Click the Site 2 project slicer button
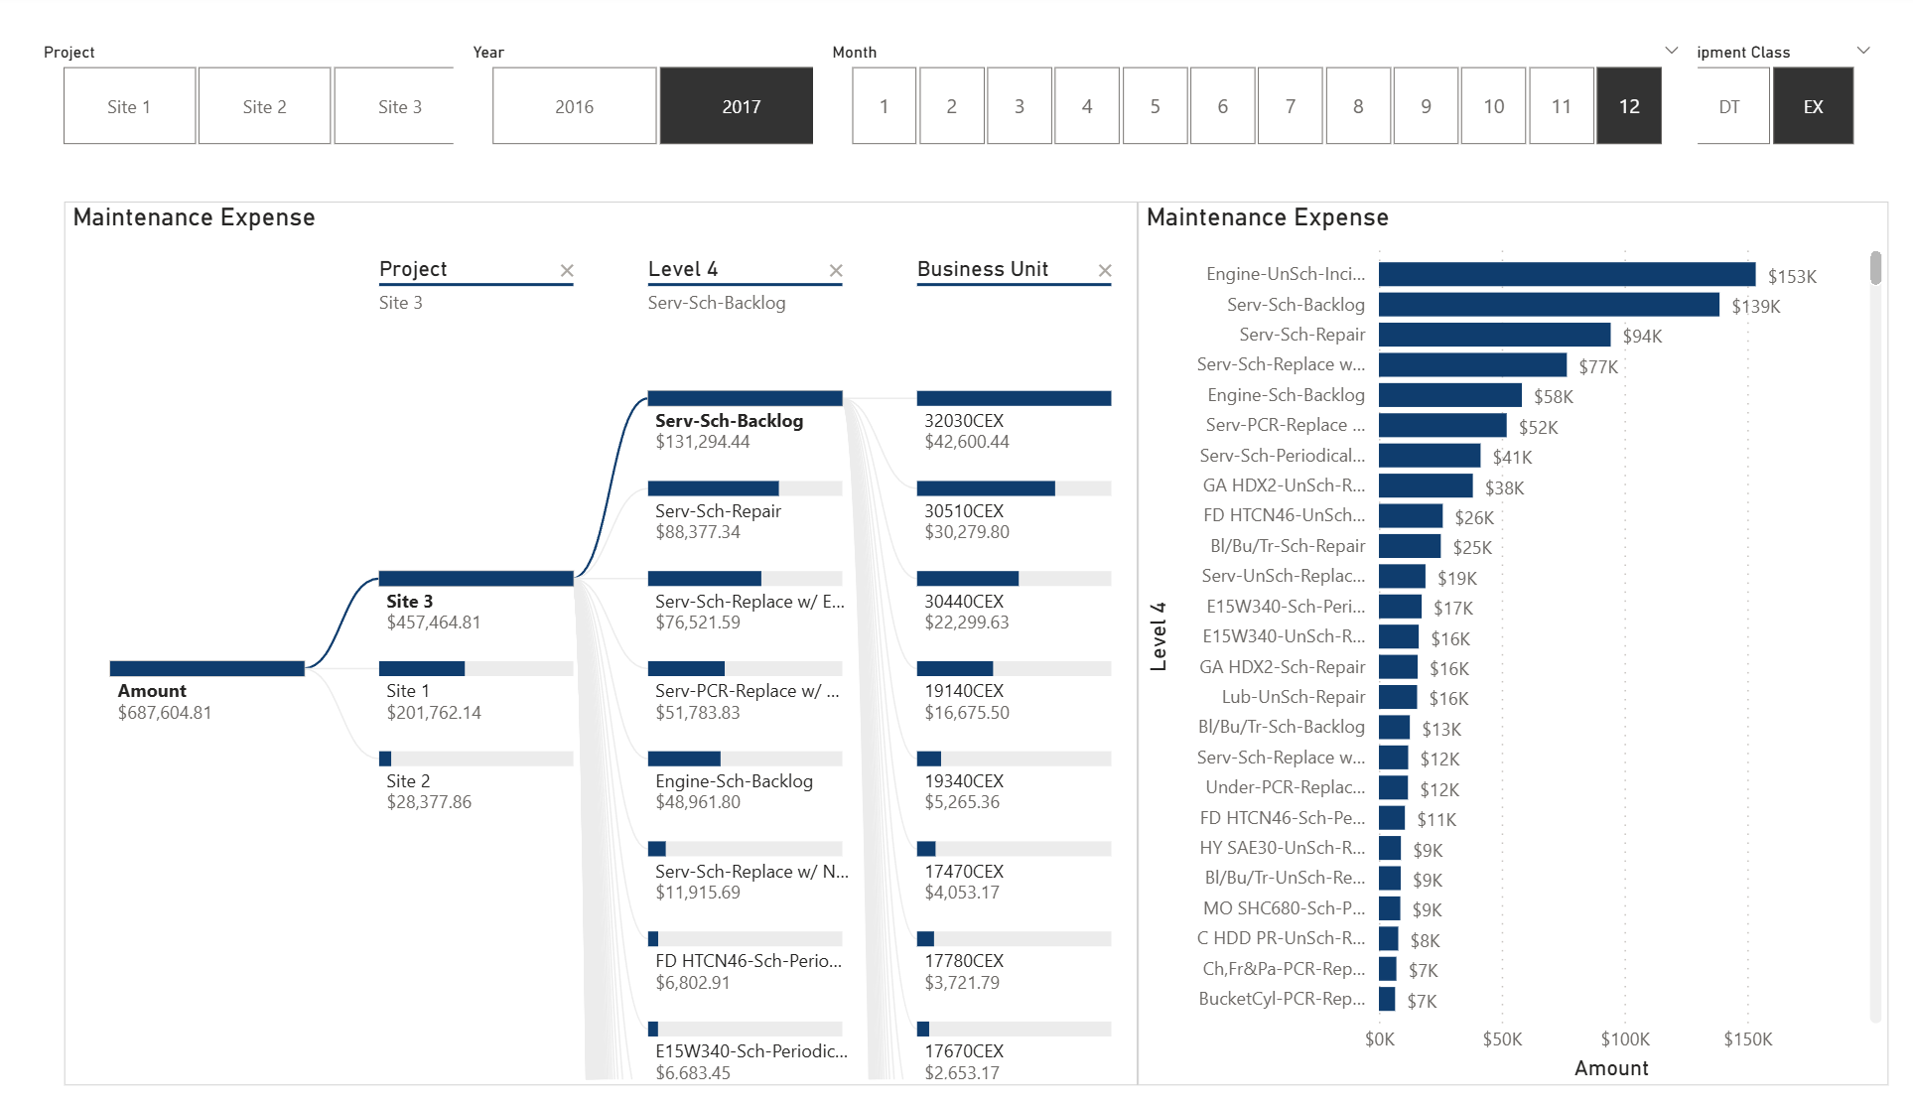(264, 106)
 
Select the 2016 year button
(574, 106)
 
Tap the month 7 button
(1290, 106)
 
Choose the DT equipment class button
(1729, 106)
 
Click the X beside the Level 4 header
(836, 270)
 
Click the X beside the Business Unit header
(1105, 270)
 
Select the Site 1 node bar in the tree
(476, 668)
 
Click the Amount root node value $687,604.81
(165, 713)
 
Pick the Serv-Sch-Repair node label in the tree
(718, 511)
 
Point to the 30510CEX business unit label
(964, 511)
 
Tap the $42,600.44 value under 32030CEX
(967, 442)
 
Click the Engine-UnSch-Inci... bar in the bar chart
(1566, 274)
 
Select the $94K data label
(1642, 337)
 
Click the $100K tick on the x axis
(1625, 1039)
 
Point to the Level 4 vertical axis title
(1158, 635)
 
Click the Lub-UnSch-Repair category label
(1293, 697)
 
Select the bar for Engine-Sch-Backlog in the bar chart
(1449, 395)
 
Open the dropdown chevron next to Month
(1672, 51)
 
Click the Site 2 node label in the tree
(408, 781)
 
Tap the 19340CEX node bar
(1013, 759)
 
